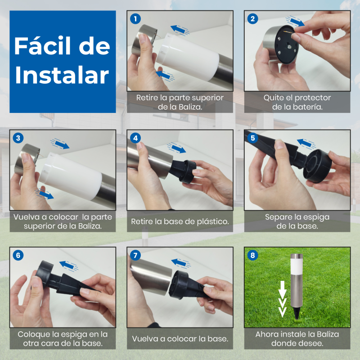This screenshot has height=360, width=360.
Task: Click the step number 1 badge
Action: (135, 19)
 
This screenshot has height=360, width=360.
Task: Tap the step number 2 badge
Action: (252, 19)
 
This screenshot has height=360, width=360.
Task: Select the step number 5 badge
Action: (252, 138)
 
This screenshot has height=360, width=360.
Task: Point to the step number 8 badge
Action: (252, 255)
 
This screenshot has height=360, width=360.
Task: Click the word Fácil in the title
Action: (42, 45)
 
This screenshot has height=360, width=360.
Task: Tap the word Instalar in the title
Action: (62, 75)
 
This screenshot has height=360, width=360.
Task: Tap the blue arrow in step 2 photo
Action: (295, 22)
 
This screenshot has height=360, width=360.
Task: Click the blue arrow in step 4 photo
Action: (177, 148)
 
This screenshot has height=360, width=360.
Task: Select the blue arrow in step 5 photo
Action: (306, 144)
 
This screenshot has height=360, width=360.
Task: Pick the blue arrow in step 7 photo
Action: (180, 263)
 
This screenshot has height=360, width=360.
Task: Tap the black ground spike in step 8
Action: (297, 313)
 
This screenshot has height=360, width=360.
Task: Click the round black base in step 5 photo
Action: (318, 166)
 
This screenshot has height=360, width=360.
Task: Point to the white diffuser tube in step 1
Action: (188, 57)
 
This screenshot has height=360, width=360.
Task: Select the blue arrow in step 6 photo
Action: (68, 266)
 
